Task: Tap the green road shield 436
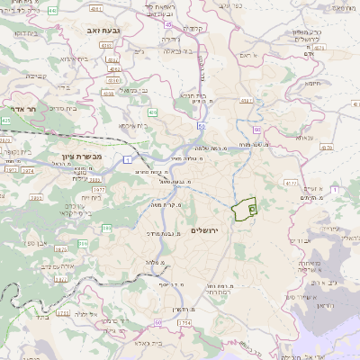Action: coord(153,112)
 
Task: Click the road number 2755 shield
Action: coord(63,313)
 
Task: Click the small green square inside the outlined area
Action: coord(252,208)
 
